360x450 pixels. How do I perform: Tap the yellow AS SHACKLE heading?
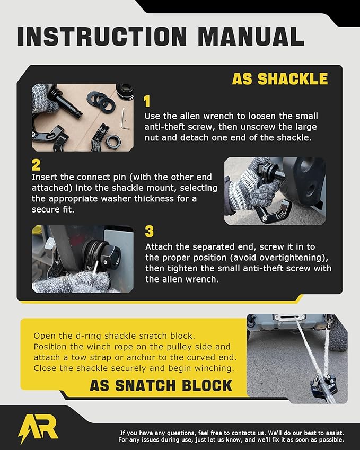(x=279, y=79)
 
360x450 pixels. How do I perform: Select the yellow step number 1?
(x=148, y=102)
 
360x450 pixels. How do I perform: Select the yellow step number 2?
(x=36, y=164)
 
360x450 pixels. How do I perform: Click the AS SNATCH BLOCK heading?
(x=161, y=385)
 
